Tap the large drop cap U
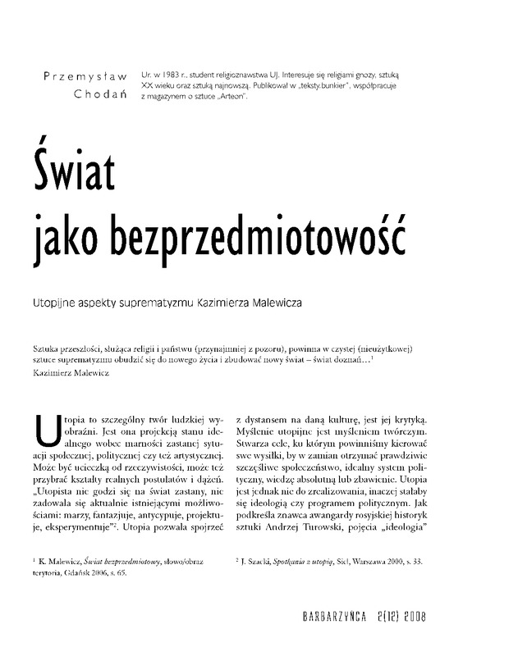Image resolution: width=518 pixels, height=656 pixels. pyautogui.click(x=49, y=425)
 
